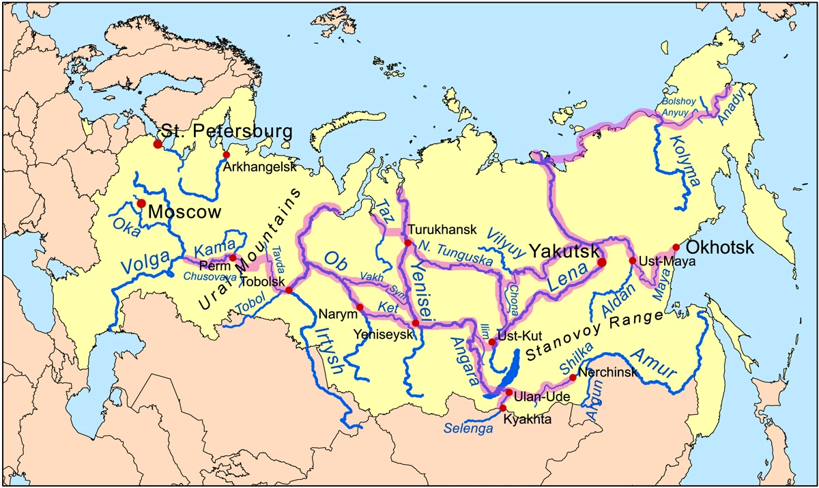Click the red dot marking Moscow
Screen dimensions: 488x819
[141, 203]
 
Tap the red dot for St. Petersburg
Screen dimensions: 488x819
[158, 144]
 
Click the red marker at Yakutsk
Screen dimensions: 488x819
[601, 262]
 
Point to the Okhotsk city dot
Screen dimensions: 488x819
[676, 247]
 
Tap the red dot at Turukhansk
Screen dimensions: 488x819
[407, 242]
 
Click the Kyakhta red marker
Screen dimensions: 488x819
[503, 407]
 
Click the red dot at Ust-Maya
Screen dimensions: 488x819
[632, 261]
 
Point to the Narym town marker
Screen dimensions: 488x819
[360, 307]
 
